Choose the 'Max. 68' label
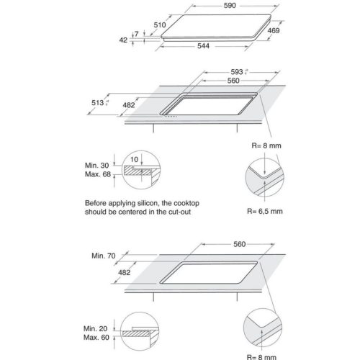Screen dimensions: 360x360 click(96, 174)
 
